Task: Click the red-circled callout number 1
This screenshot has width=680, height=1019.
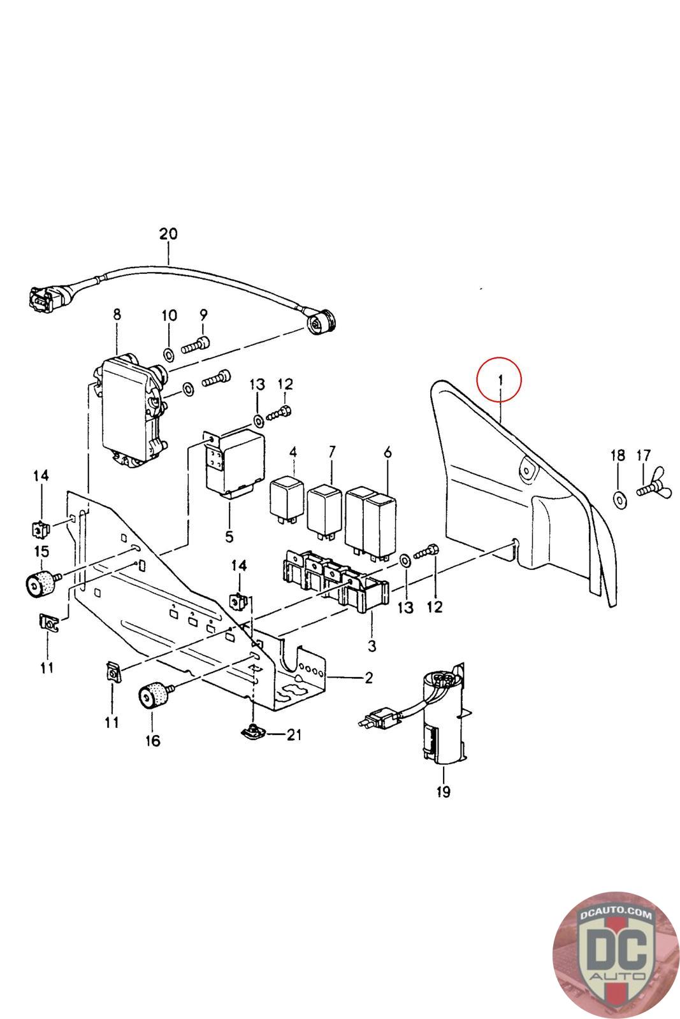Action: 500,380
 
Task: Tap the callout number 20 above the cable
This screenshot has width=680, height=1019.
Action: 168,234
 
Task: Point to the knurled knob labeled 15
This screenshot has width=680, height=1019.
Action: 40,583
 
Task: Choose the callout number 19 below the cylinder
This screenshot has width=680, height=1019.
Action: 444,792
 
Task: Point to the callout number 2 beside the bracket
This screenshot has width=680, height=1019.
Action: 368,677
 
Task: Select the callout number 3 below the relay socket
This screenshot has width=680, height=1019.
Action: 372,646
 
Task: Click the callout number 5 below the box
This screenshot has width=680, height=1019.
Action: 229,536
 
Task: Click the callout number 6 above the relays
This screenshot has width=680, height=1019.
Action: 387,452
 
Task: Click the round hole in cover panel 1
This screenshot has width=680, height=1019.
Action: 528,470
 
